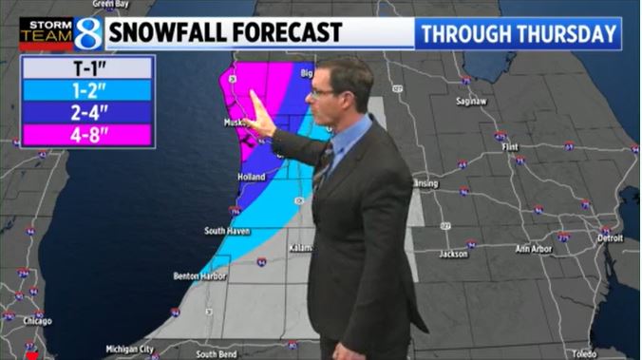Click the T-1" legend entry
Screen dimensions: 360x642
point(85,68)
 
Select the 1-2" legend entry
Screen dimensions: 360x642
point(85,91)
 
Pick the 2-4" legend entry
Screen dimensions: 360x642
point(85,113)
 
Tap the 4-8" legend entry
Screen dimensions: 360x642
point(85,135)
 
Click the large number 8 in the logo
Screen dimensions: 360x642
point(87,33)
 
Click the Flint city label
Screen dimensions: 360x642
point(510,148)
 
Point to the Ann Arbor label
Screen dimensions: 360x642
point(534,249)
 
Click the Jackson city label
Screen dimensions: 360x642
point(454,254)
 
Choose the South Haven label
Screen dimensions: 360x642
point(226,231)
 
